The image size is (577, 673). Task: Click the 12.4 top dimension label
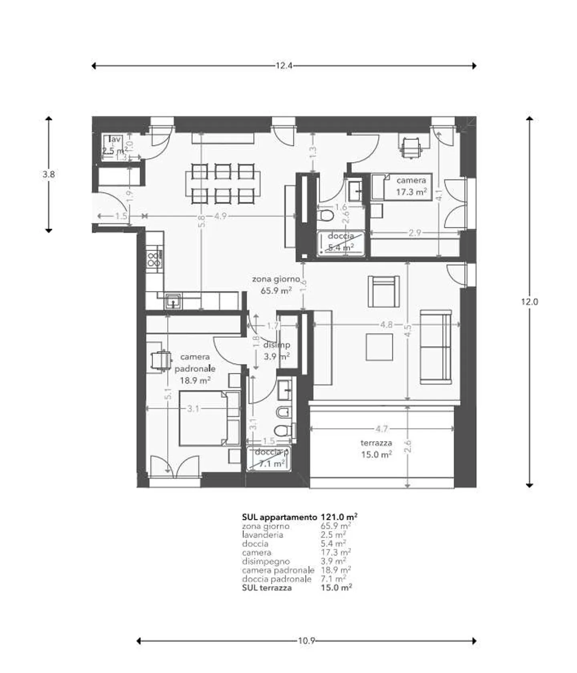click(284, 66)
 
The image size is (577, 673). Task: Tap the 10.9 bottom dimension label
click(306, 641)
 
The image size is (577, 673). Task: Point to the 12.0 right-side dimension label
click(529, 302)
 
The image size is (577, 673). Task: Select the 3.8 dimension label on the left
click(48, 175)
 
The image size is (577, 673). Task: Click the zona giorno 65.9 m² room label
click(276, 285)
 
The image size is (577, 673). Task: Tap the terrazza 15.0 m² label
click(376, 448)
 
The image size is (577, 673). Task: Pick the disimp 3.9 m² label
click(277, 350)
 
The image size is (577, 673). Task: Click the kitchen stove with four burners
click(154, 259)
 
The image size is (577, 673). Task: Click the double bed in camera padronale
click(208, 418)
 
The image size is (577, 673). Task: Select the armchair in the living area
click(383, 291)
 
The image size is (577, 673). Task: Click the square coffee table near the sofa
click(379, 347)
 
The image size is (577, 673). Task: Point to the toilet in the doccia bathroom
click(327, 215)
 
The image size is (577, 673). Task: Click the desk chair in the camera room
click(411, 147)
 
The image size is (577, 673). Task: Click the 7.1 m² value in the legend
click(333, 579)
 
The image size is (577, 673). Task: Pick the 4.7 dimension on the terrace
click(381, 429)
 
